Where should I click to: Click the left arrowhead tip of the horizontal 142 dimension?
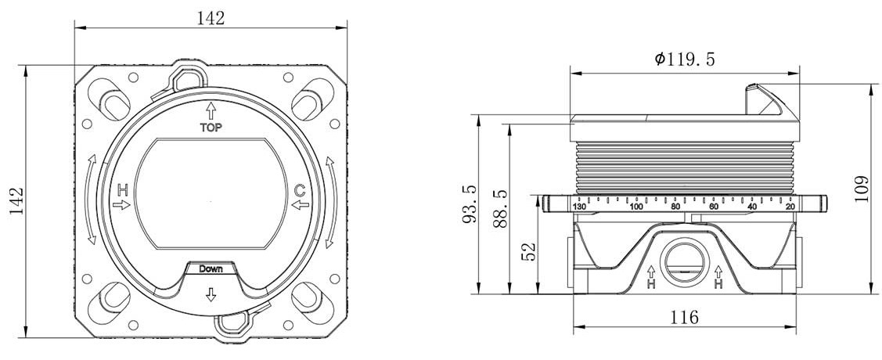tap(75, 27)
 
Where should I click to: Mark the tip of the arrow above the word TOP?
tap(211, 103)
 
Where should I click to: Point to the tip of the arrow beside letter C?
tap(292, 205)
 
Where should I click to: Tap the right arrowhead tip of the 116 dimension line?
tap(797, 326)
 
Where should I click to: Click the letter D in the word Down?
tap(203, 269)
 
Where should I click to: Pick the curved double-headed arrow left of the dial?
tap(92, 200)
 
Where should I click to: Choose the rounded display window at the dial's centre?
tap(211, 193)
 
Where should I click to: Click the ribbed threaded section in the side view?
tap(685, 167)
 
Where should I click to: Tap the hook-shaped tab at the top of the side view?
tap(768, 100)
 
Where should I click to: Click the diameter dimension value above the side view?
tap(685, 59)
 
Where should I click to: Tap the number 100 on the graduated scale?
tap(636, 207)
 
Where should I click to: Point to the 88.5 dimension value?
tap(500, 209)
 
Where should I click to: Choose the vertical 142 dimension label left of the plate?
tap(16, 201)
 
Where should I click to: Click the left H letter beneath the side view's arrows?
tap(651, 285)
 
